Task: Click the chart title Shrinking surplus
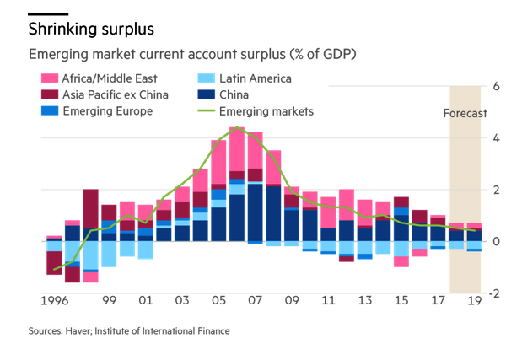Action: point(91,30)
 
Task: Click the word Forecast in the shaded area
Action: point(465,113)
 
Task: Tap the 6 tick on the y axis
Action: point(497,87)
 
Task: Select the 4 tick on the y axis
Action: point(497,138)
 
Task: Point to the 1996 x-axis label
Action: point(56,300)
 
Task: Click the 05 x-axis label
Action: point(218,300)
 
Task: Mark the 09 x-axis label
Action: point(292,300)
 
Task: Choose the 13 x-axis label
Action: point(364,300)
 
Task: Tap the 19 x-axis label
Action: point(473,300)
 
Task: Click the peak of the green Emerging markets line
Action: point(238,128)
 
